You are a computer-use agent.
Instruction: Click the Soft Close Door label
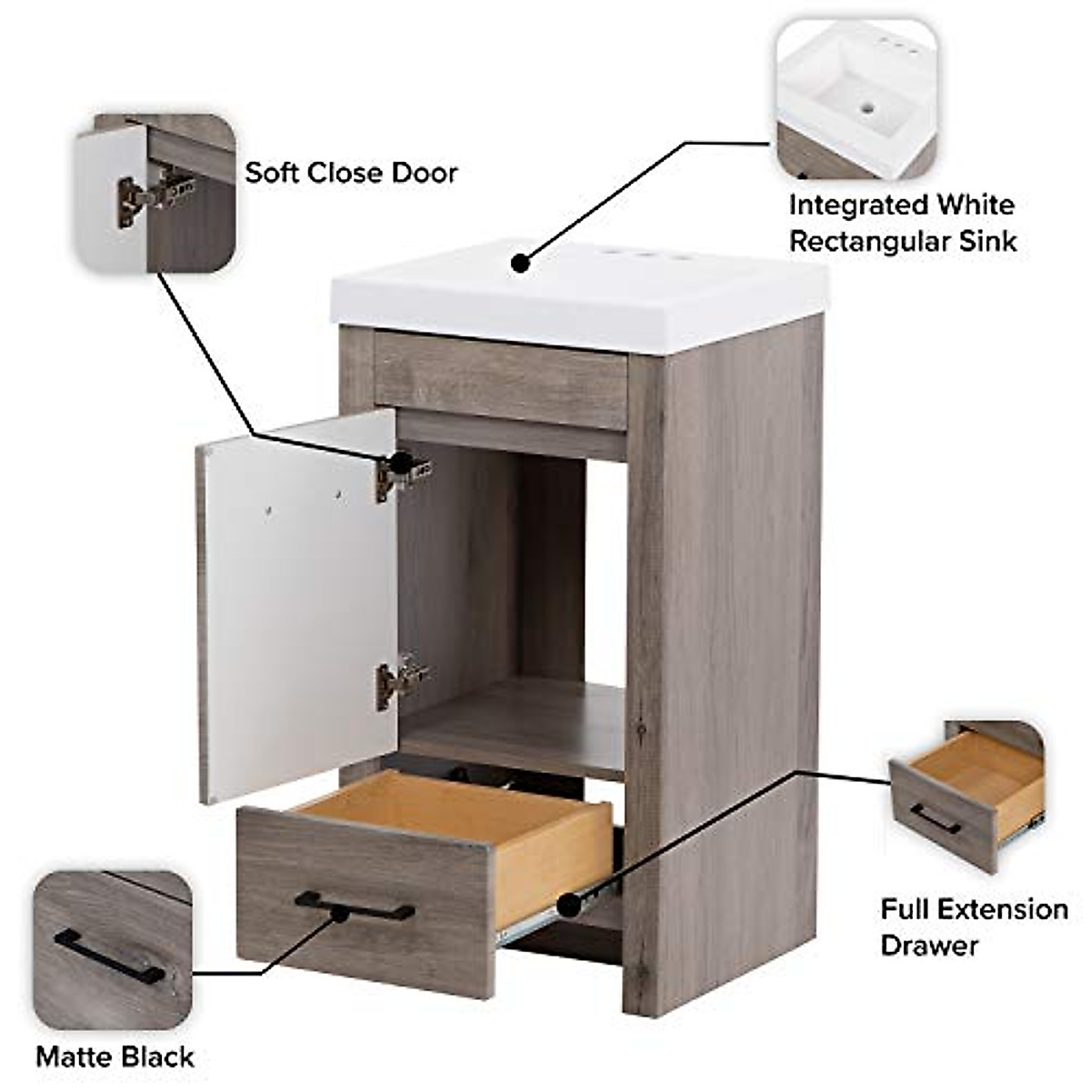tap(351, 173)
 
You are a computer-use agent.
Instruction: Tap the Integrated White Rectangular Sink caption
tap(902, 223)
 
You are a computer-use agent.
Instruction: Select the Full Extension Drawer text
tap(974, 926)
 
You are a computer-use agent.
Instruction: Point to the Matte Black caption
tap(115, 1056)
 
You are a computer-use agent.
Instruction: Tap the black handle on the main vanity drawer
tap(355, 906)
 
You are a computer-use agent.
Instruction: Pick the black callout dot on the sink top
tap(520, 263)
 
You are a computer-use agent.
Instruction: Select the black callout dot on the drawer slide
tap(569, 905)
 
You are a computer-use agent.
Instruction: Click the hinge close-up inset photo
tap(155, 194)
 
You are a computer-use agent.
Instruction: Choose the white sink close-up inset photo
tap(856, 99)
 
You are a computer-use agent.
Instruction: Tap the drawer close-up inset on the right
tap(966, 796)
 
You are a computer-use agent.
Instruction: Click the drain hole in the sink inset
tap(867, 107)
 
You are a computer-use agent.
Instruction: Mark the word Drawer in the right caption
tap(929, 945)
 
